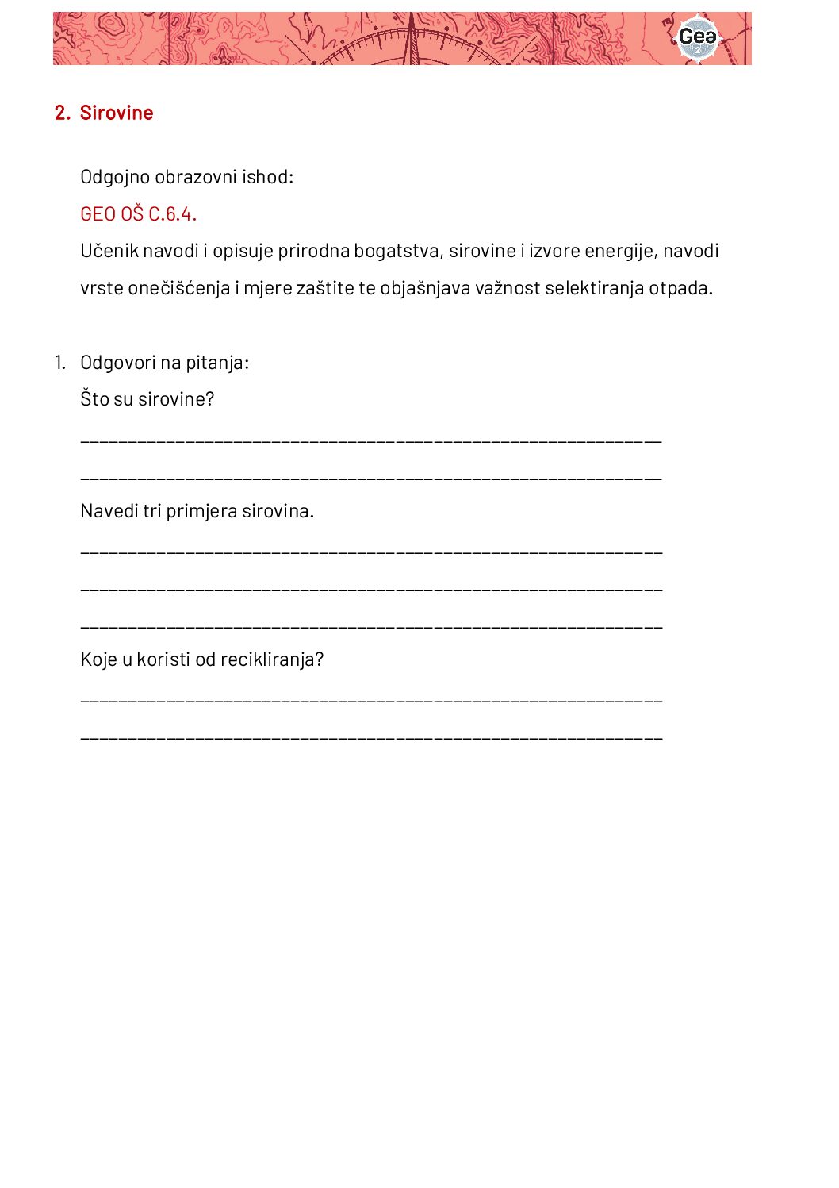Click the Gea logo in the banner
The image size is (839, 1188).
697,37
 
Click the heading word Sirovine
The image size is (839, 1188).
117,113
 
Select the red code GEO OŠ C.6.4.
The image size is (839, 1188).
138,214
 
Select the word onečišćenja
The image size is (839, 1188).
179,288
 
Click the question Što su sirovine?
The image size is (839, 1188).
147,398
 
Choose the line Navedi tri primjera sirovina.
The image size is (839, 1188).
197,511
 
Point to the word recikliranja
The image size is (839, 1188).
272,659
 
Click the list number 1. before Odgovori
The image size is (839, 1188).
60,363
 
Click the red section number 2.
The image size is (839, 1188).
62,113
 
